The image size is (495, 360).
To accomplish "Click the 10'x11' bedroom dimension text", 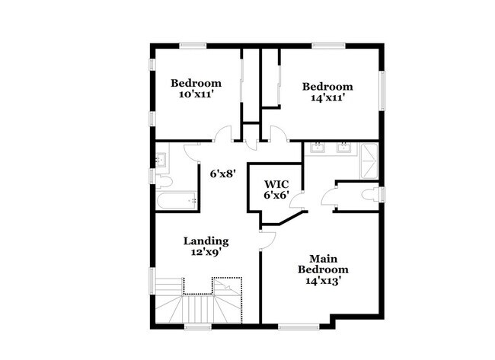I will pos(196,95).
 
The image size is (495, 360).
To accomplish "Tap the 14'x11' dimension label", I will pos(327,98).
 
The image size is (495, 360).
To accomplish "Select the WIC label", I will pos(276,184).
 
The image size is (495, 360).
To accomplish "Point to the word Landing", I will pos(206,241).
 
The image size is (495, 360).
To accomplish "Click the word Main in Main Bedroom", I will pos(323,258).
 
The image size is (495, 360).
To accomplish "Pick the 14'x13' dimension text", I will pos(323,280).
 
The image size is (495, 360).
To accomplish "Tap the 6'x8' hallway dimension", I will pos(224,174).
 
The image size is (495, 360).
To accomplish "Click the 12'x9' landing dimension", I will pos(206,253).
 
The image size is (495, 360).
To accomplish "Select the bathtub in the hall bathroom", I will pos(174,201).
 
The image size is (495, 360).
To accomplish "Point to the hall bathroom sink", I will pos(161,160).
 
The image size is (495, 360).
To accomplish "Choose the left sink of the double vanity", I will pos(319,148).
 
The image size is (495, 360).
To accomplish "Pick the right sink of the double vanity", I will pos(343,148).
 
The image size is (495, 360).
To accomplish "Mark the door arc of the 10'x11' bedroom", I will pos(223,135).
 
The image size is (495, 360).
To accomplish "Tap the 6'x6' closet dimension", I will pos(276,196).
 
